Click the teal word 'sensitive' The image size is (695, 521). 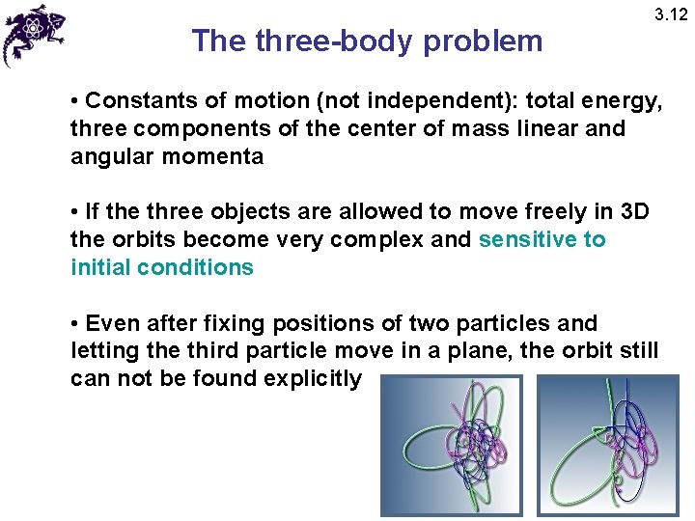coord(527,239)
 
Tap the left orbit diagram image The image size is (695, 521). coord(451,444)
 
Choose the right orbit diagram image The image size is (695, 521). coord(608,444)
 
